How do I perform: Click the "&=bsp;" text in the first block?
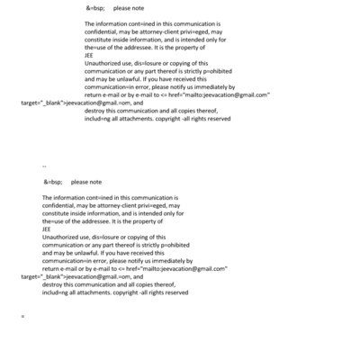pyautogui.click(x=94, y=8)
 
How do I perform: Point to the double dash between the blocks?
pyautogui.click(x=44, y=166)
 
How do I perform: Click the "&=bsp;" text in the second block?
pyautogui.click(x=51, y=182)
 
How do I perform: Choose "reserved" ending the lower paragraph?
pyautogui.click(x=172, y=292)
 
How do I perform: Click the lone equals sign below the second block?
pyautogui.click(x=22, y=316)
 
